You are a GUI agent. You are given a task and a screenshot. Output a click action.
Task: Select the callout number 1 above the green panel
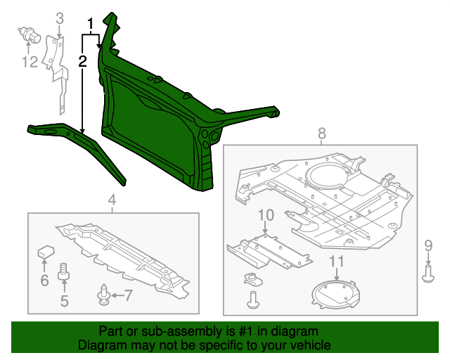[x=90, y=24]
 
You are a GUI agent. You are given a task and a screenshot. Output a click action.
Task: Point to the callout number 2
[x=82, y=61]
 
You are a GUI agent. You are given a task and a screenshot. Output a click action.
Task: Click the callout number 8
[x=322, y=133]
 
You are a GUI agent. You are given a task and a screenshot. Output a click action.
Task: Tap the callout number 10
[x=266, y=214]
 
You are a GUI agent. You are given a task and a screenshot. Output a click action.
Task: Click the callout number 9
[x=428, y=245]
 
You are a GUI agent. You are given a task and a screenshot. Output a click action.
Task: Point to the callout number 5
[x=64, y=302]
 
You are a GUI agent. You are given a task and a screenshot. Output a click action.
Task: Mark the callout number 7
[x=128, y=295]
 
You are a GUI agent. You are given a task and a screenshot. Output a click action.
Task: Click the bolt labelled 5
[x=64, y=271]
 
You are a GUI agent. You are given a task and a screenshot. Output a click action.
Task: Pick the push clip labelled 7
[x=104, y=295]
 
